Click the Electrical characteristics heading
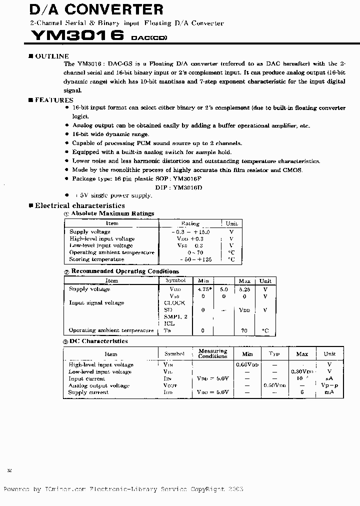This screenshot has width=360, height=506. [x=79, y=205]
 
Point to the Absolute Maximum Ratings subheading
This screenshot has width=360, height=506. [x=112, y=213]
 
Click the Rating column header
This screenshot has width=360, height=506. [x=190, y=223]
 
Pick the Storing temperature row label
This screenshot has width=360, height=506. [x=96, y=259]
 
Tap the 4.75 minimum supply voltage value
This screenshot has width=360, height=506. [x=203, y=289]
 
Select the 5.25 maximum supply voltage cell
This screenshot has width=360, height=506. [x=244, y=289]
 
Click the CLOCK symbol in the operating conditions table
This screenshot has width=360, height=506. [x=174, y=302]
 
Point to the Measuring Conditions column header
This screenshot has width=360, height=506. [x=212, y=353]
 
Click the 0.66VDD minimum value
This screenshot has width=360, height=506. [x=247, y=365]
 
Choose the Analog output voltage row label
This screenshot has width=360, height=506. [x=98, y=385]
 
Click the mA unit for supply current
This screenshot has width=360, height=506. [x=329, y=392]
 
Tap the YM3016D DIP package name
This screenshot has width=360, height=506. [x=187, y=187]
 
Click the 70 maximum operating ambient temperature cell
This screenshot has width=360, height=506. [x=244, y=330]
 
